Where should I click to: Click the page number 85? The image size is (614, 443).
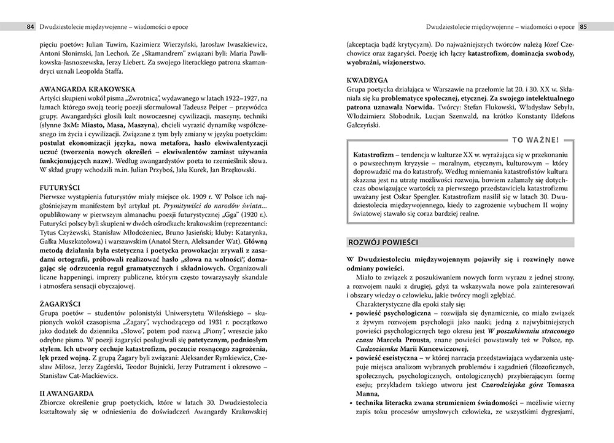tap(584, 26)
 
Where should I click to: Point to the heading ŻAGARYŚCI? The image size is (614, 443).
tap(60, 304)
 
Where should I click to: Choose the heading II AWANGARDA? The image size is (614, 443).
tap(66, 392)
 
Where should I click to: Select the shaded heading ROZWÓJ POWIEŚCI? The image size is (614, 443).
tap(383, 242)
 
